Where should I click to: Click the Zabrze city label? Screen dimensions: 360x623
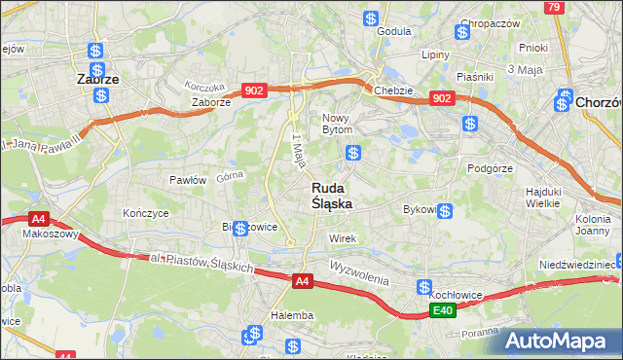(98, 81)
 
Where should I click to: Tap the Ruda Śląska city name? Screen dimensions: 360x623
(332, 196)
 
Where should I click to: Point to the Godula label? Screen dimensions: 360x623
(394, 30)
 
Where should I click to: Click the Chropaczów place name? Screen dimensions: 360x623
(491, 23)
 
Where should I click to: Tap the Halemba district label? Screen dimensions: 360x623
(292, 315)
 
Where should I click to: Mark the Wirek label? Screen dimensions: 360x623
(344, 238)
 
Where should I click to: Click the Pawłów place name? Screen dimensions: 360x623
(188, 180)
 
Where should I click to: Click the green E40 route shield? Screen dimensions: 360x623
(443, 310)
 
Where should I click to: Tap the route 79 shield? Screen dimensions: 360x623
(554, 7)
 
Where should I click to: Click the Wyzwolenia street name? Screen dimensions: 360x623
(359, 271)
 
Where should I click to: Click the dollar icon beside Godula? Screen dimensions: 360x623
(370, 18)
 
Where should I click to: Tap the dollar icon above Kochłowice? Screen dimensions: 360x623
(424, 287)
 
